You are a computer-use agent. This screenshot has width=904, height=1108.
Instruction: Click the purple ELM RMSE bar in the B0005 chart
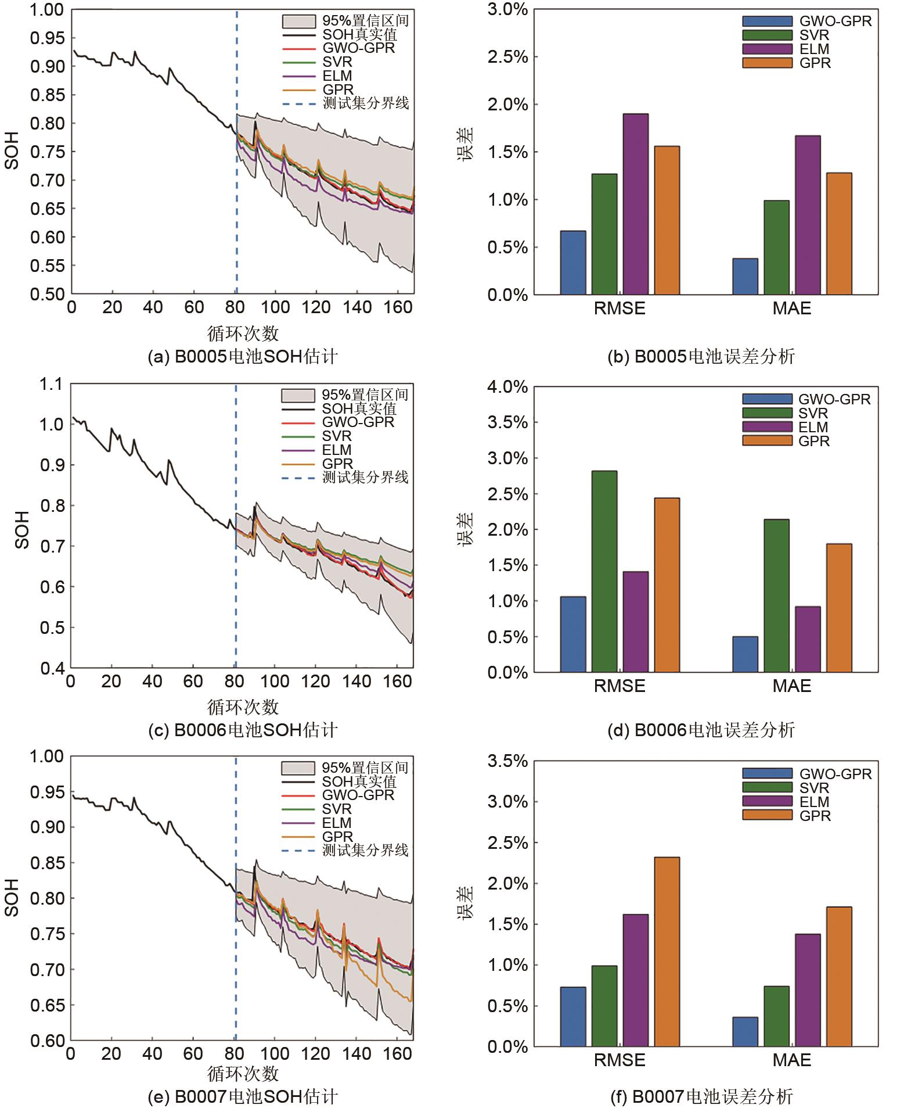point(635,204)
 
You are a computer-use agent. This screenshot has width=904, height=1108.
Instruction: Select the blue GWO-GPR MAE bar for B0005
point(745,277)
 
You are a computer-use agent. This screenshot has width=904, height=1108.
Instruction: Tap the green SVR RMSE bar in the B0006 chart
point(604,571)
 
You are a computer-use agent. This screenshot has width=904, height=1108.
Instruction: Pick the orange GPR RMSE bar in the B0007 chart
point(667,952)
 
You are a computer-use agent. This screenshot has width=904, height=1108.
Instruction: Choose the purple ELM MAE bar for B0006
point(808,639)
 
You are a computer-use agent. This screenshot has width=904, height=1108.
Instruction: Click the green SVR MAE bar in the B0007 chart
point(776,1016)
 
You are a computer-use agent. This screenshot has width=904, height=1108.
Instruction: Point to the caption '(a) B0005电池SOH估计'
point(243,356)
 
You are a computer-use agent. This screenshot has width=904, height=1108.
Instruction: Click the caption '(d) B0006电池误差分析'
point(701,730)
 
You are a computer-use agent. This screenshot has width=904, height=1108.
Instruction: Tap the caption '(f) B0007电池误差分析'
point(701,1096)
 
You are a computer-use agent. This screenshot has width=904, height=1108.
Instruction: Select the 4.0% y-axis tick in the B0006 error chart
point(508,387)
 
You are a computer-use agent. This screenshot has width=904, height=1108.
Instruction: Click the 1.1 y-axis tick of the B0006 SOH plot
point(51,384)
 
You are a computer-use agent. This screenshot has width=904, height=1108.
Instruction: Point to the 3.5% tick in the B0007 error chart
point(508,761)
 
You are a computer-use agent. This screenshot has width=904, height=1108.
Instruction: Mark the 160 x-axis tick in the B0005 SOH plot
point(398,307)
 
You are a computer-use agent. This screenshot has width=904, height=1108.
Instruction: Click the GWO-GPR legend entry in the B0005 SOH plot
point(358,48)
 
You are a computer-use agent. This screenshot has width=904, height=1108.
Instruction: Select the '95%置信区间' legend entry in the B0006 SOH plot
point(365,395)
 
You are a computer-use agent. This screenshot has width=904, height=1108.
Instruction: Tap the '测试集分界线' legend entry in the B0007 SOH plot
point(365,850)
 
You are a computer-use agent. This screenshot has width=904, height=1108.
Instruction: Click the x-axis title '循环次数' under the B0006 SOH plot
point(243,707)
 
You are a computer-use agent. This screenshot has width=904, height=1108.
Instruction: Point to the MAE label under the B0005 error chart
point(791,309)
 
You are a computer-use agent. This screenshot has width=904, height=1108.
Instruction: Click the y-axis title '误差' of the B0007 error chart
point(465,901)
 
